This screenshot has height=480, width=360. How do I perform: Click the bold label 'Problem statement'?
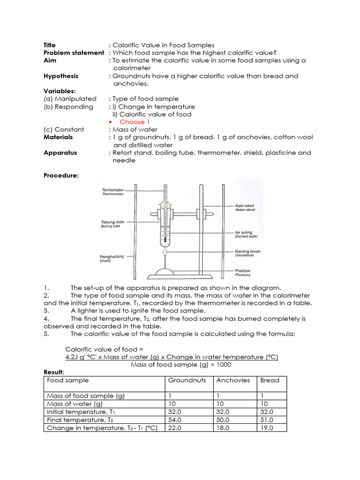[74, 53]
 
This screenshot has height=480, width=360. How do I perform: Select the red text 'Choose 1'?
[132, 122]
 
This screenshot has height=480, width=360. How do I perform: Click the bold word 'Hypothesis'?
[61, 76]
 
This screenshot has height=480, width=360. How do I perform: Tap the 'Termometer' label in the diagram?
[113, 190]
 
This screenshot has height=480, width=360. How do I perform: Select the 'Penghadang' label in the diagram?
[112, 257]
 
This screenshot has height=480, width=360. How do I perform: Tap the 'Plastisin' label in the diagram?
[244, 271]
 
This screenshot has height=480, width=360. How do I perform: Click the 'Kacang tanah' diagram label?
[247, 251]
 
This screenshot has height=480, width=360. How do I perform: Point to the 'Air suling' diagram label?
[244, 232]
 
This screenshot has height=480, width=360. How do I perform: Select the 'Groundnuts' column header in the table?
[187, 380]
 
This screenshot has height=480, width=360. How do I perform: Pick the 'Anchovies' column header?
[233, 380]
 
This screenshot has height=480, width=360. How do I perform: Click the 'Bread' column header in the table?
[270, 380]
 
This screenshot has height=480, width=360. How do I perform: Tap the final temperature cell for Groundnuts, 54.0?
[174, 420]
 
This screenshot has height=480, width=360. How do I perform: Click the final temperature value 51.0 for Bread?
[267, 420]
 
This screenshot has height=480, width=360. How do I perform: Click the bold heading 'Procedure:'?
[61, 176]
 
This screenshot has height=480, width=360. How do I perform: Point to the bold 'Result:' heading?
[53, 372]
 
